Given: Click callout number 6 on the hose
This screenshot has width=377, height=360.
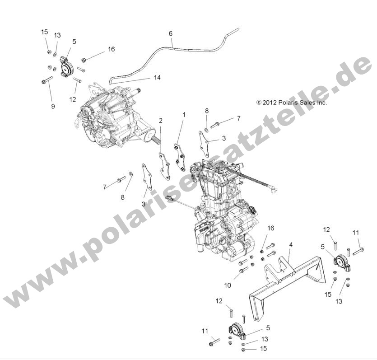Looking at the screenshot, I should pos(171,33).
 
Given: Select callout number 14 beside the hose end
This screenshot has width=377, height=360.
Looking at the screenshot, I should pos(157,78).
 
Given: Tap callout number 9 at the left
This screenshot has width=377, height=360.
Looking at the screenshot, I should pos(53,106).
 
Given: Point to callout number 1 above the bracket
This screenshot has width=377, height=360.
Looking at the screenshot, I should pos(184,115).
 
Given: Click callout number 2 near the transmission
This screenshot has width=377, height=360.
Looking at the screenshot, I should pos(160,121).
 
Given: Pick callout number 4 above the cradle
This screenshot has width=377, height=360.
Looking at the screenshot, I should pos(291,244).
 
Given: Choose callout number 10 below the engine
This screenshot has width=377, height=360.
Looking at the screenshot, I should pos(228,285).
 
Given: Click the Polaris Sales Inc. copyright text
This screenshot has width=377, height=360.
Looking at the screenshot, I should pos(298,103).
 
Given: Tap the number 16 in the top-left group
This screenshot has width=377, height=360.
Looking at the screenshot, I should pos(111,49).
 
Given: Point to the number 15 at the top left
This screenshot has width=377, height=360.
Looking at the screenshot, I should pos(44,32).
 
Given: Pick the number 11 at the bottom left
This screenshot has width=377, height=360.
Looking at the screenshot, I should pos(205,331).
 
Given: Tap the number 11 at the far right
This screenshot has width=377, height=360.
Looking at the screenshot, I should pos(356,233).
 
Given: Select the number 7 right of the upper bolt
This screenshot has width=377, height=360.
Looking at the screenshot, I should pos(239,118).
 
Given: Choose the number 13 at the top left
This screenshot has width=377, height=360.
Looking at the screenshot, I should pos(58,35).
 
